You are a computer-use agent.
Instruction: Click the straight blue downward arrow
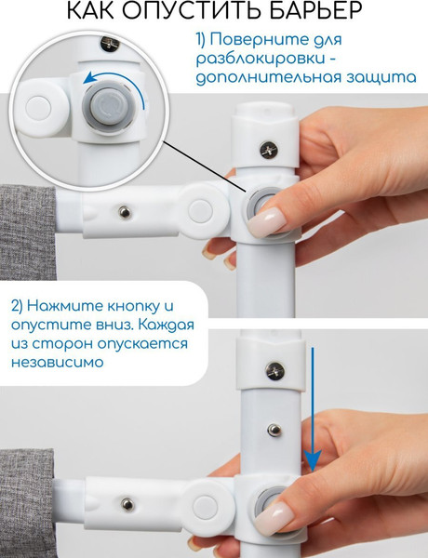tap(313, 409)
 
